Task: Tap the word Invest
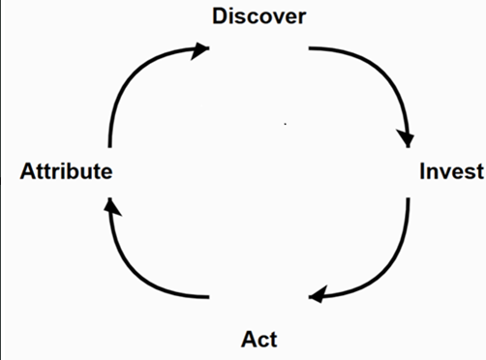point(450,172)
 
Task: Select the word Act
point(258,339)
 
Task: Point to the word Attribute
point(66,172)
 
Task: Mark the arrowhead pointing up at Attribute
point(110,206)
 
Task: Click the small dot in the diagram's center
point(285,123)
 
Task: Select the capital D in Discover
point(221,16)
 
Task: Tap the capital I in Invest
point(422,172)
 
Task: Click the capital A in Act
point(248,339)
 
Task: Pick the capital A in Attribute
point(28,172)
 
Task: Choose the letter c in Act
point(261,340)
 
